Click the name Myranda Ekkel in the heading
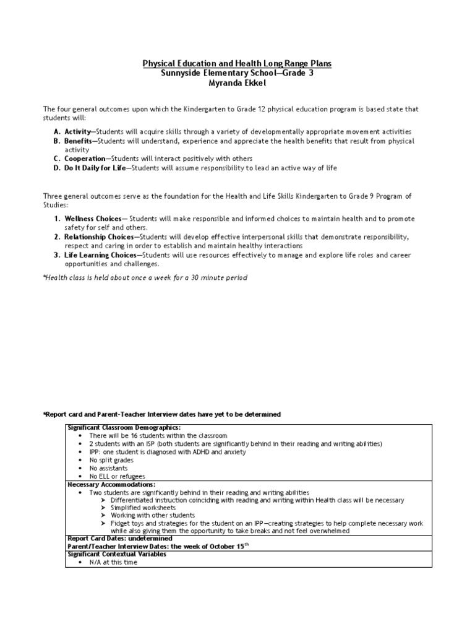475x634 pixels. point(237,83)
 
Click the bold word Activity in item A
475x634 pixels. point(77,132)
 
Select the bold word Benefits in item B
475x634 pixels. point(79,141)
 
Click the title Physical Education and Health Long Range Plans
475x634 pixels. point(237,64)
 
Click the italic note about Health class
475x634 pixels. point(145,277)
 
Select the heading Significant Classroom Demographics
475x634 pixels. point(124,428)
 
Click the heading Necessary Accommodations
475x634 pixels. point(111,484)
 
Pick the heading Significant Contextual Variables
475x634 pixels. point(116,554)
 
